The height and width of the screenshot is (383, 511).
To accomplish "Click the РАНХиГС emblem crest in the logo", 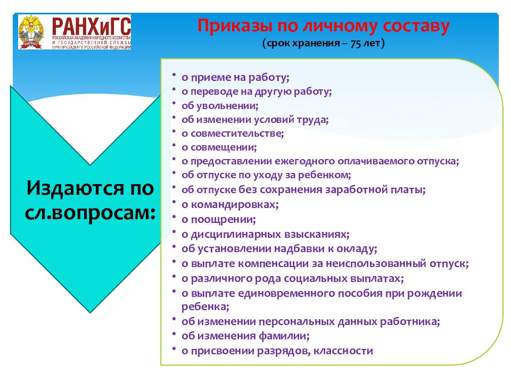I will [34, 32].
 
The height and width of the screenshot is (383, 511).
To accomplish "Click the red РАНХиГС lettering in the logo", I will [91, 25].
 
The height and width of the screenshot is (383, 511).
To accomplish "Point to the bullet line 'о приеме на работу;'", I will [235, 77].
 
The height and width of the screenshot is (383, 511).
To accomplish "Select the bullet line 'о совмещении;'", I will [219, 147].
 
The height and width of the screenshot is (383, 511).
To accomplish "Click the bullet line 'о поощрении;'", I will [219, 219].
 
